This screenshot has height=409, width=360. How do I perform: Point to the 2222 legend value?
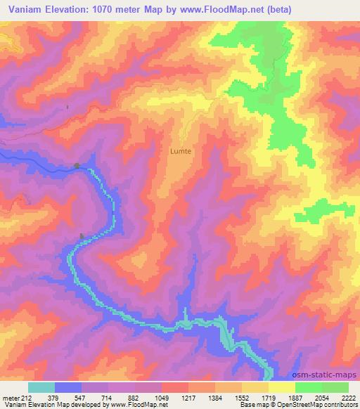tap(348, 398)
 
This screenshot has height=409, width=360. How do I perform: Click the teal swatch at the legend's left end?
tap(41, 387)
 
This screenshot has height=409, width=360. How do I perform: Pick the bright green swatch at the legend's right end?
tap(335, 387)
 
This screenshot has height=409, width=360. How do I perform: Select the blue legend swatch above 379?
tap(68, 387)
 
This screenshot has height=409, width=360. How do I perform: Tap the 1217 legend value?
tap(188, 398)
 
